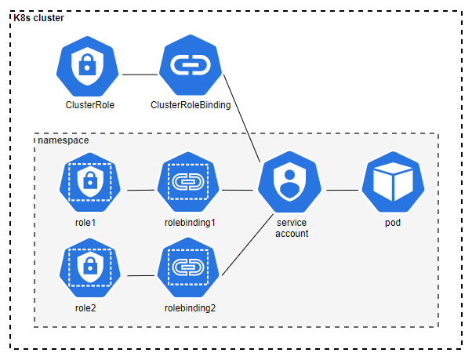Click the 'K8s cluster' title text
pyautogui.click(x=39, y=18)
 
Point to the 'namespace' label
pyautogui.click(x=63, y=140)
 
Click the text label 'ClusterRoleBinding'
pyautogui.click(x=191, y=104)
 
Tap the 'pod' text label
pyautogui.click(x=392, y=223)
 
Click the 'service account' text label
pyautogui.click(x=292, y=228)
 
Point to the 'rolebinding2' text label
pyautogui.click(x=190, y=307)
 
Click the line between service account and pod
pyautogui.click(x=342, y=190)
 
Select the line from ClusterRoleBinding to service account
pyautogui.click(x=242, y=118)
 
